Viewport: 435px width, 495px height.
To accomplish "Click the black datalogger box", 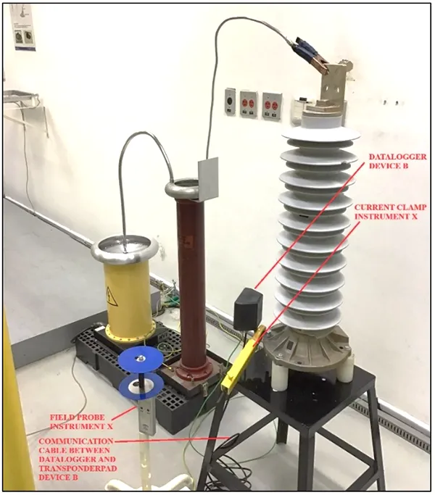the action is tap(248, 309).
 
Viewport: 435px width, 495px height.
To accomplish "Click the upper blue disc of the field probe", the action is tap(141, 357).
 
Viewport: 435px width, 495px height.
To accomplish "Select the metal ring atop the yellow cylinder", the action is tap(125, 250).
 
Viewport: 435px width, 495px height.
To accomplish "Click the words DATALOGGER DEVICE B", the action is tap(397, 161).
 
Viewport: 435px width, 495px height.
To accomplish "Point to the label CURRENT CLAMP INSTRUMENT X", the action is tap(390, 212).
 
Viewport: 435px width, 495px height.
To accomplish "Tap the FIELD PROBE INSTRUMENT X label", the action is tap(81, 422).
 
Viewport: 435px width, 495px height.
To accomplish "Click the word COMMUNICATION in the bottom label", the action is tap(76, 441).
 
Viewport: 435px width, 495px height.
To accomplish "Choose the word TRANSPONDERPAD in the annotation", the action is tap(78, 468).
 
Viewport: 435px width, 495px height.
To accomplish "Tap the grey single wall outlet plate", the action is tap(231, 101).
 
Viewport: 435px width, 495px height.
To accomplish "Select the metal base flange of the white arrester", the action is tap(307, 346).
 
